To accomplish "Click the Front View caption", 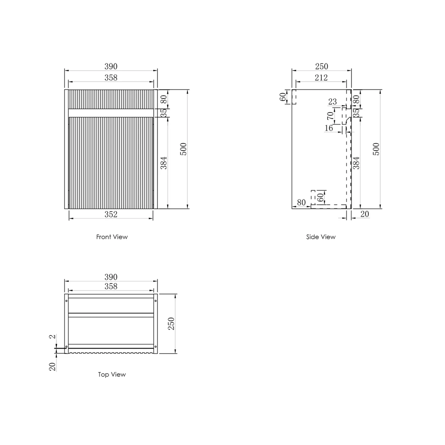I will click(x=112, y=237).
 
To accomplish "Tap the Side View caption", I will click(x=321, y=237).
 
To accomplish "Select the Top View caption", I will click(x=112, y=375).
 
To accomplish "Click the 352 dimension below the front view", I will click(x=110, y=214).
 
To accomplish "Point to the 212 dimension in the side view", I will click(x=321, y=77).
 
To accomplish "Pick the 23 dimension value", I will click(x=333, y=102).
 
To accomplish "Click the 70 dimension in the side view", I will click(x=330, y=116).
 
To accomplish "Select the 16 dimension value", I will click(x=328, y=128).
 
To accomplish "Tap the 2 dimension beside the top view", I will click(x=52, y=337).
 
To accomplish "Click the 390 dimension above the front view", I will click(x=110, y=66).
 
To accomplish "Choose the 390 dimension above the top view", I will click(x=110, y=277).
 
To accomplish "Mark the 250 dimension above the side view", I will click(x=321, y=66).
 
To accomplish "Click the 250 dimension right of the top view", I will click(x=171, y=323).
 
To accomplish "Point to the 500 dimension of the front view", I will click(x=183, y=149).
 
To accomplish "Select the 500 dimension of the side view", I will click(x=376, y=149).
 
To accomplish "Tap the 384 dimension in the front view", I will click(x=164, y=163).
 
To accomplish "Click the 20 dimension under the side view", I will click(x=364, y=214).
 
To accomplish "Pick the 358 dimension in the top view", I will click(x=110, y=286).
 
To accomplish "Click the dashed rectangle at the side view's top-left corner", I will click(x=294, y=96).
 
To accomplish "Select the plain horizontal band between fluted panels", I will click(x=110, y=112).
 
